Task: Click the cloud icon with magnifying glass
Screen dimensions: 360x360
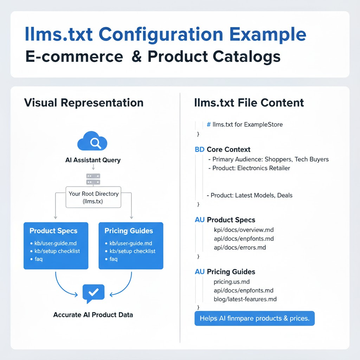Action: (x=92, y=141)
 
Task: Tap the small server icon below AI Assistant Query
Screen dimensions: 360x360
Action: (x=93, y=179)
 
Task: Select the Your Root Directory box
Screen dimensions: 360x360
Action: (x=93, y=197)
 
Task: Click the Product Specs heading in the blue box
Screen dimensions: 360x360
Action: (x=53, y=231)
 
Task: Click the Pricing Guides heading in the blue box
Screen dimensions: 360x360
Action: (x=129, y=231)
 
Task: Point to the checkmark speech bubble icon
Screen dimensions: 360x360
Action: (x=93, y=293)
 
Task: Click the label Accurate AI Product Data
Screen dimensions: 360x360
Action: (x=93, y=315)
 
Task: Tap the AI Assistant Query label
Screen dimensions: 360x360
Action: (x=93, y=160)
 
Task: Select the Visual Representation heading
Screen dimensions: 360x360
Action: (x=84, y=103)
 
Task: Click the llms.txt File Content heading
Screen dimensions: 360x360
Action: (x=249, y=103)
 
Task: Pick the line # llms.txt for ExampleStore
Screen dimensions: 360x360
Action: (x=245, y=124)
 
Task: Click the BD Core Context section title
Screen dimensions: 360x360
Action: (x=223, y=149)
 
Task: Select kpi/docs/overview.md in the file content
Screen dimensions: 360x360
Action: (x=244, y=230)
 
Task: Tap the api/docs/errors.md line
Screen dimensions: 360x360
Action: (x=240, y=247)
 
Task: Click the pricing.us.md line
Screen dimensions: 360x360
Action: (x=232, y=282)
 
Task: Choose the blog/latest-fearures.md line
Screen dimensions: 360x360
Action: (x=245, y=299)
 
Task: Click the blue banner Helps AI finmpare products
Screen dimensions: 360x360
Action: (x=255, y=319)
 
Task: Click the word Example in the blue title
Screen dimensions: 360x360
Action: (x=268, y=34)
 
